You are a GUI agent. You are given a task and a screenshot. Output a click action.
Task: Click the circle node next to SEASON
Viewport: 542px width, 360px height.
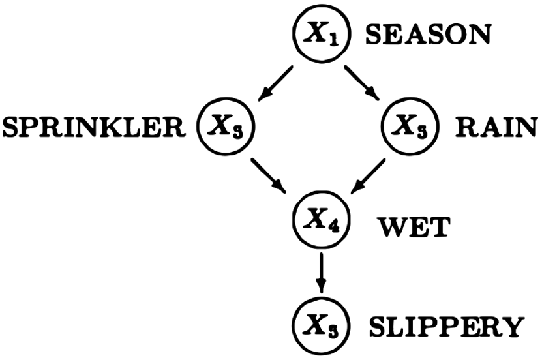[x=320, y=33]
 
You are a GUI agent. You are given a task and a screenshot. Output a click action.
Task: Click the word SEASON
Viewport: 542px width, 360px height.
[x=427, y=34]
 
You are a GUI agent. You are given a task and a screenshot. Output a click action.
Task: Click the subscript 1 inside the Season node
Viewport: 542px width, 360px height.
[x=329, y=37]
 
